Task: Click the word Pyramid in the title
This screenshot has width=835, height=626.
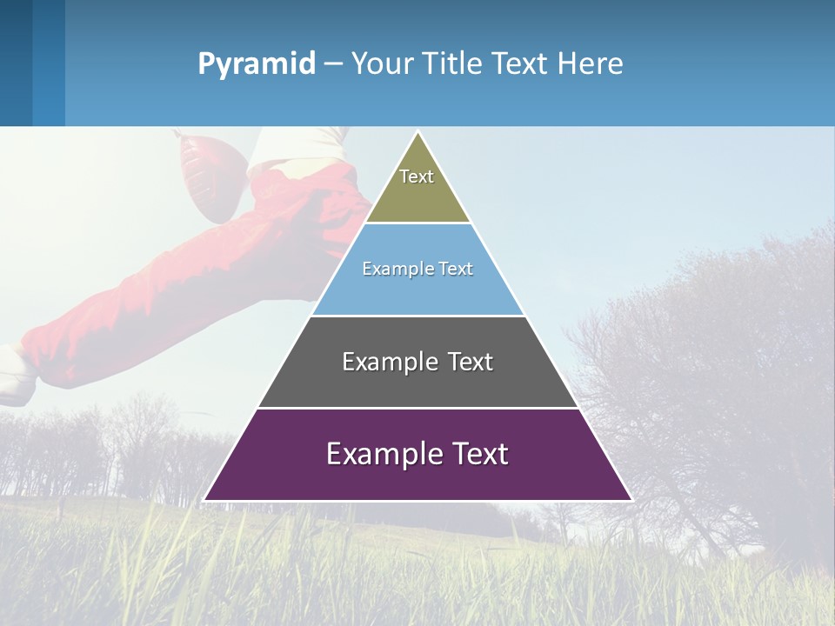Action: [257, 64]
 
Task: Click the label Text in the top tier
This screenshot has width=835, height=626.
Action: [417, 176]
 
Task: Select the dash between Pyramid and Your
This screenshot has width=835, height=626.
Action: [332, 64]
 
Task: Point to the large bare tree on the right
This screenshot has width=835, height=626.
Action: [722, 374]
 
